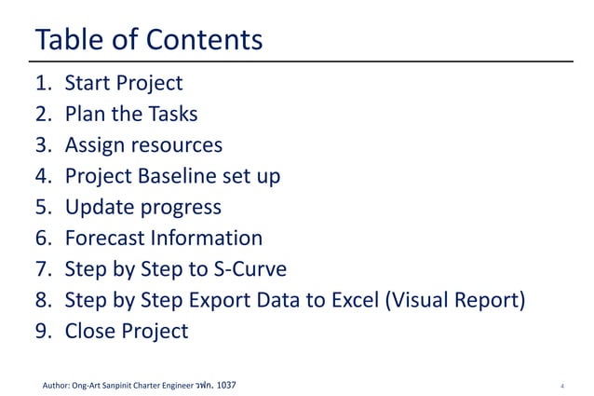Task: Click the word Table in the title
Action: click(x=63, y=40)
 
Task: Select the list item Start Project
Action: click(x=123, y=84)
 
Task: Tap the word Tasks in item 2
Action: click(x=171, y=115)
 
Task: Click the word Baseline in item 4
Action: click(x=179, y=176)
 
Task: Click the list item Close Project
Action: click(x=126, y=331)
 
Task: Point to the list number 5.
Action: click(x=42, y=207)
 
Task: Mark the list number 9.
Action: click(x=42, y=331)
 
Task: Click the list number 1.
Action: click(x=42, y=84)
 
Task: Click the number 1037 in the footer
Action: click(x=225, y=384)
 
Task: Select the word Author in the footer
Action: click(x=59, y=384)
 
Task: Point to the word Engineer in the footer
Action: click(x=173, y=384)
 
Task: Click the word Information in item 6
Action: click(x=210, y=238)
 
